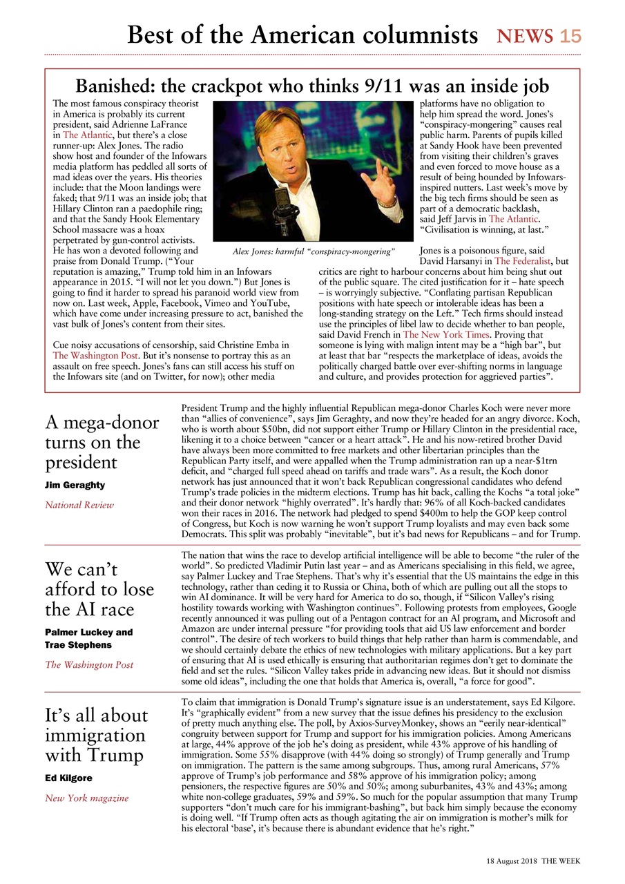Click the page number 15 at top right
570,36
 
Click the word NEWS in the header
526,36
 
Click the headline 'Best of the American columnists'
302,35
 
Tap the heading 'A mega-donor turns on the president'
102,442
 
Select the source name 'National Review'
79,505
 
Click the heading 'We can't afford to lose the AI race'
99,590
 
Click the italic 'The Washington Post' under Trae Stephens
89,664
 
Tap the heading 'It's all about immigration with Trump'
97,735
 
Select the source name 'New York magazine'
87,798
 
